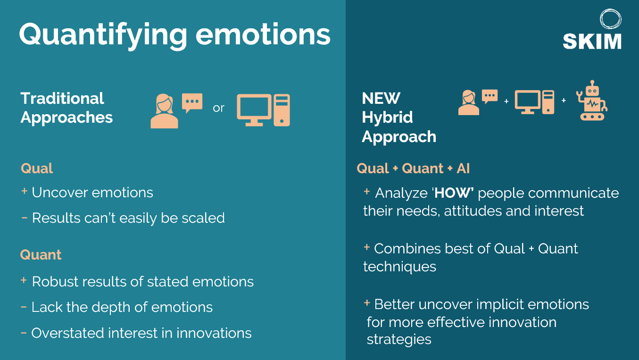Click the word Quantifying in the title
point(103,35)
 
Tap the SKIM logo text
point(592,42)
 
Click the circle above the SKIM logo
point(611,19)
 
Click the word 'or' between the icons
point(218,108)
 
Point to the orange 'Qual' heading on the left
point(37,168)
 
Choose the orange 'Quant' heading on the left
point(41,254)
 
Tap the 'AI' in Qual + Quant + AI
point(463,168)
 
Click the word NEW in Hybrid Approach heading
point(381,99)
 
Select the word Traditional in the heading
point(62,99)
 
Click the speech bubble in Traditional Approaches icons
point(192,103)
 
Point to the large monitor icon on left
point(254,110)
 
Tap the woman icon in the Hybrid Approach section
point(469,102)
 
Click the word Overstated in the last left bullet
point(67,333)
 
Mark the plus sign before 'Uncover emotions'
point(24,191)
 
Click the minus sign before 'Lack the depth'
point(24,307)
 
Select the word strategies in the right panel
point(399,340)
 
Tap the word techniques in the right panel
point(399,267)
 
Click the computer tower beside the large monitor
point(282,110)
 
